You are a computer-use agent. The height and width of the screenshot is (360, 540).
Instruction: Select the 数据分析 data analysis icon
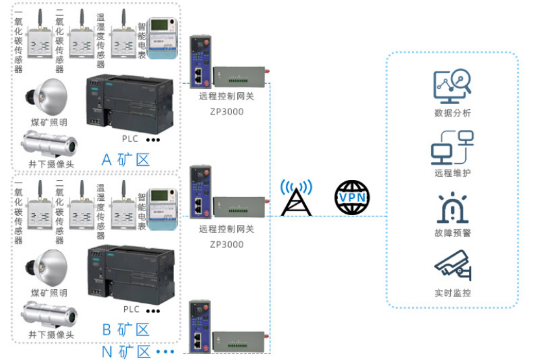click(452, 86)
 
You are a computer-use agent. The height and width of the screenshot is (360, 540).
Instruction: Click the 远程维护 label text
click(452, 174)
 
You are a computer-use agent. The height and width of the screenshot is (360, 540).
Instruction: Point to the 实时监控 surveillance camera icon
click(452, 266)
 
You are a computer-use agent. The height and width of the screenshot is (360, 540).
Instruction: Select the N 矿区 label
click(126, 352)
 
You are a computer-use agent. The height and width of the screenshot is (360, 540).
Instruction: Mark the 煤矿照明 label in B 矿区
click(49, 293)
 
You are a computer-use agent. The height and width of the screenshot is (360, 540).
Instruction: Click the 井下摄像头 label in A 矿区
click(51, 163)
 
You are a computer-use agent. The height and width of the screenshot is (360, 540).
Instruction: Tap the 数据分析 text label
click(452, 113)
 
